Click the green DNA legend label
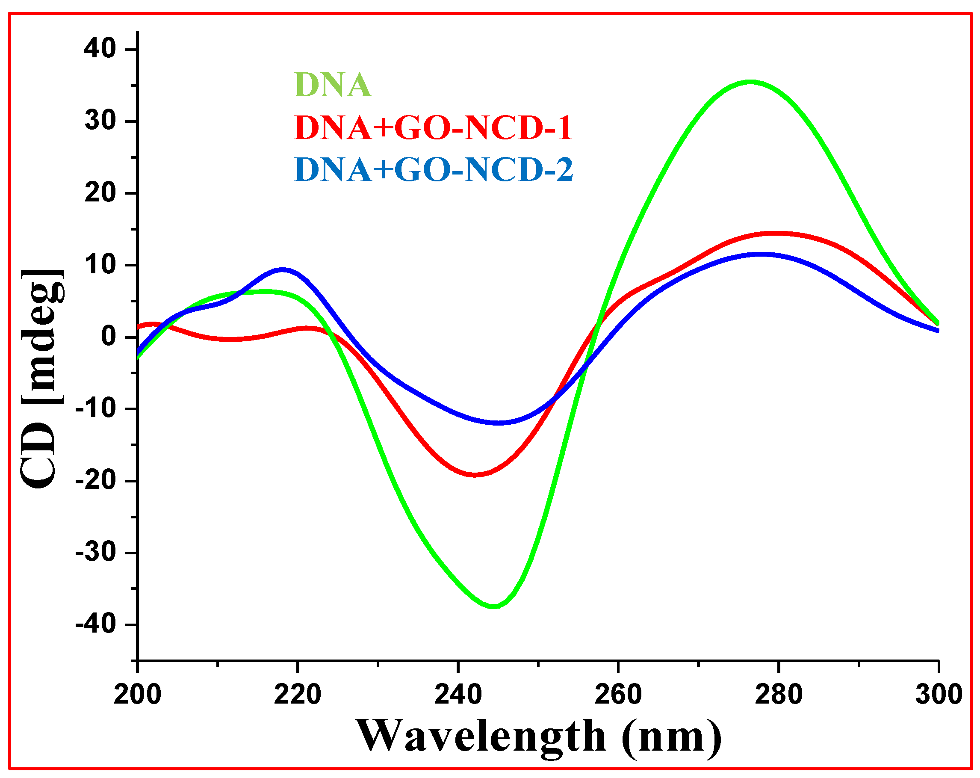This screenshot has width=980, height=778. [333, 85]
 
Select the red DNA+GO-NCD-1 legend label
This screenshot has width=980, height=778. [433, 128]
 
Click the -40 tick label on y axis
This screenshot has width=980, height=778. [95, 624]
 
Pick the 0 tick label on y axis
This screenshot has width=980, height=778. [109, 337]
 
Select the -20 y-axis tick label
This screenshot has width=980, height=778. [95, 481]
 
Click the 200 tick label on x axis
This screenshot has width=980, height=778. [137, 694]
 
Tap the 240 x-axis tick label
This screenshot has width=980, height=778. [458, 694]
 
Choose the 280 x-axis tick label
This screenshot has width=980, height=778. [778, 694]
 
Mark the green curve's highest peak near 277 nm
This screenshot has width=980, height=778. [751, 82]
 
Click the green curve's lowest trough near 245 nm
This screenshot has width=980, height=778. [494, 606]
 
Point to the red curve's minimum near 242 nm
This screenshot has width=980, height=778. [475, 475]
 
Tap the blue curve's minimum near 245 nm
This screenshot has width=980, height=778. [499, 423]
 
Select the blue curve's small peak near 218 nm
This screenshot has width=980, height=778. [282, 269]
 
